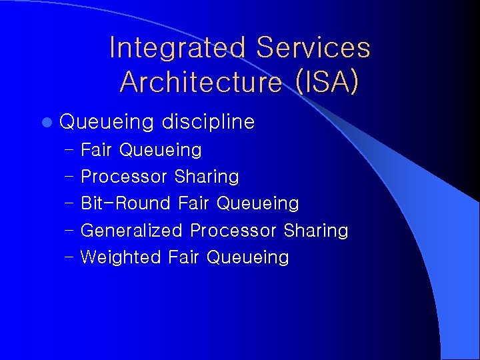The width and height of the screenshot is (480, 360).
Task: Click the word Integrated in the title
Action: (x=177, y=49)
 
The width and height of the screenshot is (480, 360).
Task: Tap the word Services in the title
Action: (x=313, y=49)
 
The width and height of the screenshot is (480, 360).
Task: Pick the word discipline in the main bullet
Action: (x=208, y=122)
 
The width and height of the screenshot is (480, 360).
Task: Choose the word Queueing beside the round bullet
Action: (x=107, y=123)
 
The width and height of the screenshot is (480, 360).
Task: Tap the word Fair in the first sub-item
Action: (x=96, y=150)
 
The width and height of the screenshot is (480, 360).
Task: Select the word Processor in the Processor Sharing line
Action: (x=124, y=177)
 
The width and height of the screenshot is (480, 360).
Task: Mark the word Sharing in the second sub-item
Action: (x=206, y=177)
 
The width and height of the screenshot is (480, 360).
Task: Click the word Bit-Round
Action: (x=126, y=203)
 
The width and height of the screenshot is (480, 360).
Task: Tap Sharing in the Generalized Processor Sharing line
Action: (x=315, y=231)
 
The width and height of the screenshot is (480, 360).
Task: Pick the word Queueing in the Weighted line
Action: (x=248, y=257)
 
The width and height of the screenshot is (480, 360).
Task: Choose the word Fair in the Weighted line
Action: (x=184, y=257)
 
